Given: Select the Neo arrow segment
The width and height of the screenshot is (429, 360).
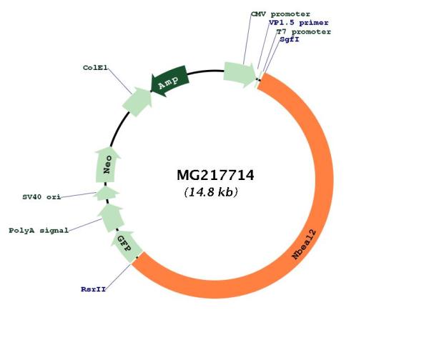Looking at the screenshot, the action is (x=107, y=164).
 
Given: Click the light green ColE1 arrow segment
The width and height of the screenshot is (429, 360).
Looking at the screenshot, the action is (x=137, y=101).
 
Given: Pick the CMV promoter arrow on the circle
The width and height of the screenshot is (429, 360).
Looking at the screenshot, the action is (x=240, y=74).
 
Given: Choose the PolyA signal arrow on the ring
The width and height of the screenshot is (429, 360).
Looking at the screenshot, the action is (x=112, y=218).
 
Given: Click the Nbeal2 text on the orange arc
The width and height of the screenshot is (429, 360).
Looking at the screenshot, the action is (x=305, y=244).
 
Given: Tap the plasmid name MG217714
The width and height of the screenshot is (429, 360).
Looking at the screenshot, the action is (x=215, y=175).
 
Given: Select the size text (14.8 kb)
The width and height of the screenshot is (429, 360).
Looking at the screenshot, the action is (x=211, y=192).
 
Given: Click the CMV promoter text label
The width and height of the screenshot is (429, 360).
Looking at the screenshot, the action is (x=281, y=14).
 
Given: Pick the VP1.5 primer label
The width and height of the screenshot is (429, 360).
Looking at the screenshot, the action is (x=298, y=23).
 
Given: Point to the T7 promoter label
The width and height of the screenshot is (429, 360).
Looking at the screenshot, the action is (x=304, y=31).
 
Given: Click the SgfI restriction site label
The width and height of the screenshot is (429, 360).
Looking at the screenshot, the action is (x=290, y=39).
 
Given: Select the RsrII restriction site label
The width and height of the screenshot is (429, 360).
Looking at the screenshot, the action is (x=93, y=289).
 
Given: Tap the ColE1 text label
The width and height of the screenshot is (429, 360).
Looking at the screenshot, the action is (x=95, y=68).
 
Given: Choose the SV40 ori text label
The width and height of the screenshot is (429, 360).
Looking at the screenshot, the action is (x=41, y=197).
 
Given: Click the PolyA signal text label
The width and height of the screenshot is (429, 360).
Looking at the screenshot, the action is (x=39, y=231).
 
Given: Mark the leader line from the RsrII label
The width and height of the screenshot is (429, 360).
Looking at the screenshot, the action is (x=119, y=276).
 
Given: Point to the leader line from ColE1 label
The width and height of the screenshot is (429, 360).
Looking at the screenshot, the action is (x=120, y=81).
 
